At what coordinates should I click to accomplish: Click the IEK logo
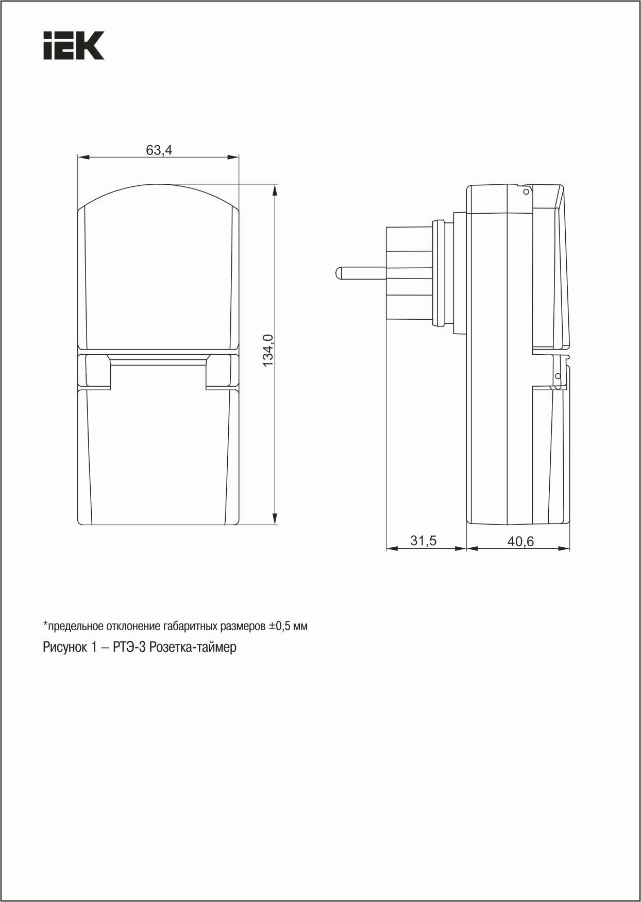coord(74,45)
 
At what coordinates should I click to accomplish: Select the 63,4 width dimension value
coord(159,150)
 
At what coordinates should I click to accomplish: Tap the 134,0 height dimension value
coord(268,350)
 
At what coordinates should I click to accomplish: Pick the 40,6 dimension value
coord(520,541)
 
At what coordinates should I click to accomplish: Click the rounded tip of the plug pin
coord(338,272)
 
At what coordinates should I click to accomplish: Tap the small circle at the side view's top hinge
coord(526,192)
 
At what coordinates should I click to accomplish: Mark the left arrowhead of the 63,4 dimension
coord(82,157)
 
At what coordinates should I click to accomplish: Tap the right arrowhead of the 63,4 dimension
coord(234,157)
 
